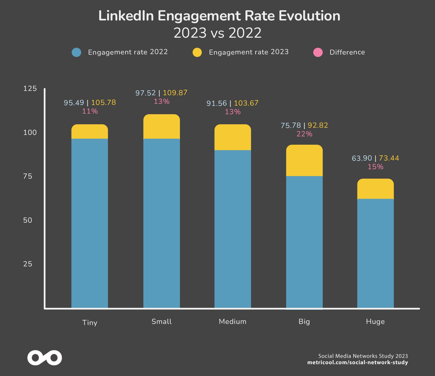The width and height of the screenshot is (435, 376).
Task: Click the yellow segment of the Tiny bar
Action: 90,132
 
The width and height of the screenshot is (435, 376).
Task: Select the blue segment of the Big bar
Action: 304,242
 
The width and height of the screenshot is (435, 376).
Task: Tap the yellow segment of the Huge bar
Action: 375,189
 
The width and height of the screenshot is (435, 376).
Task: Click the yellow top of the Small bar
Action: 162,127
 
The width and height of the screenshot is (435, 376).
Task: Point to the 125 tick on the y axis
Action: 30,88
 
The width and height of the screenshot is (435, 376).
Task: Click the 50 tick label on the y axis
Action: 28,220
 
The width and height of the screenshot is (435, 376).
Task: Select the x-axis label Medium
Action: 233,321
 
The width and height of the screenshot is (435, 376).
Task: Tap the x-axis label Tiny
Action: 90,322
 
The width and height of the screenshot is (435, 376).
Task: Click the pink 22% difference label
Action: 304,134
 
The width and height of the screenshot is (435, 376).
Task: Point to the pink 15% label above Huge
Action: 375,167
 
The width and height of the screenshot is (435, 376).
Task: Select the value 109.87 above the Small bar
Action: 175,93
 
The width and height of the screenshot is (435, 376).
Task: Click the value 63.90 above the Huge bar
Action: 362,158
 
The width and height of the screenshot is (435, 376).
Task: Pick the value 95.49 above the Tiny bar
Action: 74,102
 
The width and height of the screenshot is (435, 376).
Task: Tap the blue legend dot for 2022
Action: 76,52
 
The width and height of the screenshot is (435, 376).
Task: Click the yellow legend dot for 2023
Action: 197,52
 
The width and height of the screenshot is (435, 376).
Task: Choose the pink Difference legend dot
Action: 318,52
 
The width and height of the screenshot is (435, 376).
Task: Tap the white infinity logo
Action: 45,358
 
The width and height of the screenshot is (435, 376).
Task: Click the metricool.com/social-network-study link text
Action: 357,362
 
